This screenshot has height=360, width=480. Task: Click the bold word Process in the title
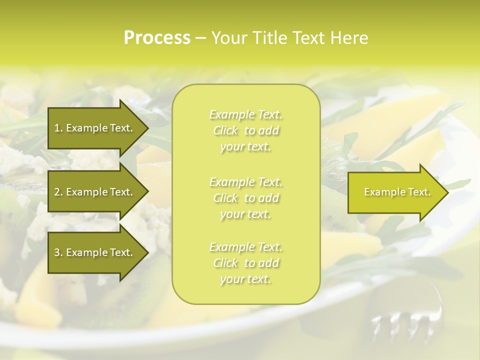pos(157,38)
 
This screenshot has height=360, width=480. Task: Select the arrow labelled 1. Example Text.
pos(95,128)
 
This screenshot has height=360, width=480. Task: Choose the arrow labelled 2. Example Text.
pos(95,192)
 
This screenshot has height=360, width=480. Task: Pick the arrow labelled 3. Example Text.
pos(95,252)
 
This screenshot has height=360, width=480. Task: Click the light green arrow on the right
pos(395,192)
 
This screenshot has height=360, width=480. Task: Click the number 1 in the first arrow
pos(57,128)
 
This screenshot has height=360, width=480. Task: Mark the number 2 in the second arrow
pos(57,192)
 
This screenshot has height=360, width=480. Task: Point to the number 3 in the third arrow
pos(57,252)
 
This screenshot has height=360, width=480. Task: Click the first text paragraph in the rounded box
pos(246,130)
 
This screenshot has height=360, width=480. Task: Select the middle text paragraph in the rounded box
pos(246,198)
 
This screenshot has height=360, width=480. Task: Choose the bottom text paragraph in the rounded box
pos(246,263)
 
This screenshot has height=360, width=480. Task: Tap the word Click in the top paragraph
pos(225,131)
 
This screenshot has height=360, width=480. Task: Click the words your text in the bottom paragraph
pos(245,279)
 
